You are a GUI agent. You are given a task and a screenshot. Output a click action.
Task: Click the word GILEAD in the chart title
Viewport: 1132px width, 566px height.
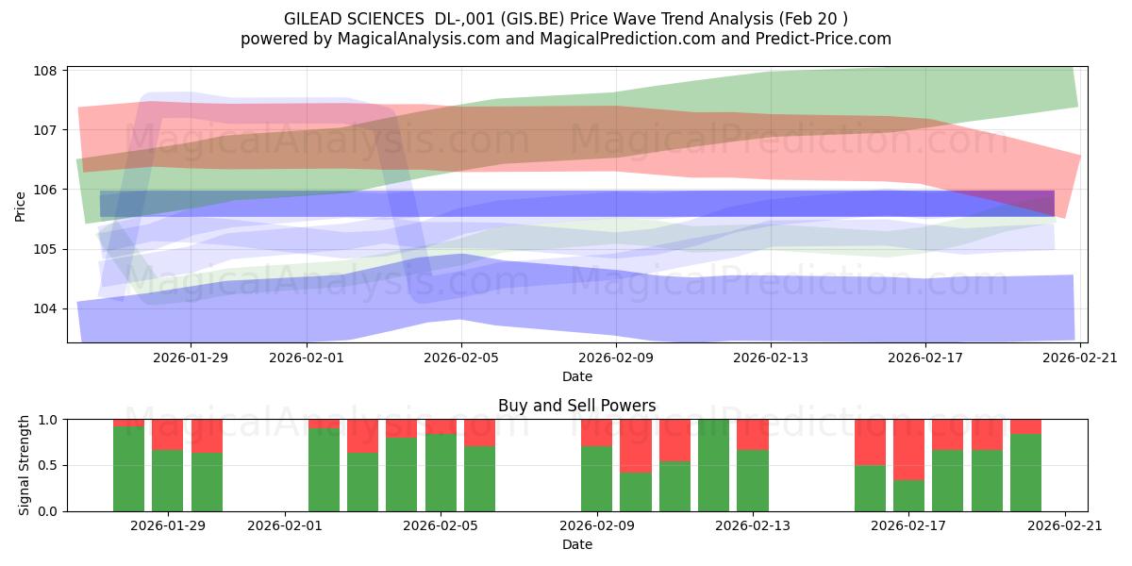pos(314,19)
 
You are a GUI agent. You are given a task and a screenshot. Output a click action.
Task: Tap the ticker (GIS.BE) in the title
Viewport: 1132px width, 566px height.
pos(532,19)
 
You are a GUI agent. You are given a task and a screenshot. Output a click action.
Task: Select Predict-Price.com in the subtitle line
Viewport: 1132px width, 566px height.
pos(824,39)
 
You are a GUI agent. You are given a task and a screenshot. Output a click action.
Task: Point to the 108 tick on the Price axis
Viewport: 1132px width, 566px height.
pos(44,71)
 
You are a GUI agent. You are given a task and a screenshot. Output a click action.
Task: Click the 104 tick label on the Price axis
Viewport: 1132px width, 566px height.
pos(44,308)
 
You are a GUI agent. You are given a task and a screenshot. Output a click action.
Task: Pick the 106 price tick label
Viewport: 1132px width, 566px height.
pos(44,190)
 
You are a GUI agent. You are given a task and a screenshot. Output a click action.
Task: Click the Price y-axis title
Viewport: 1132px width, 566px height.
pos(20,207)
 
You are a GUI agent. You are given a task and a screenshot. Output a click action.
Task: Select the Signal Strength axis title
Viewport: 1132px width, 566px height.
pos(24,465)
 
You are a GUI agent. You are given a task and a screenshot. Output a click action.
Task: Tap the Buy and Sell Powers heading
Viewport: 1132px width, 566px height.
pos(577,406)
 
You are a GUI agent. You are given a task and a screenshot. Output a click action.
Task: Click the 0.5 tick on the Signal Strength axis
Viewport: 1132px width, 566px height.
pos(47,465)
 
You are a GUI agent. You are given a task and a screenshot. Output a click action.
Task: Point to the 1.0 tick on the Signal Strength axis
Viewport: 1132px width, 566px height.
pos(47,420)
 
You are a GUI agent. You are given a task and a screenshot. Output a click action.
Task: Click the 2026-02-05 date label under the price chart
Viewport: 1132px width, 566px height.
pos(461,358)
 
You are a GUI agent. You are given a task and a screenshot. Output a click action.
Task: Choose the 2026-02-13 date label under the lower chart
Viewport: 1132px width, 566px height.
pos(753,525)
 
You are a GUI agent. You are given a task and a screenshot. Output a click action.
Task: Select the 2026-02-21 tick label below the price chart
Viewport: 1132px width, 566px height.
pos(1080,358)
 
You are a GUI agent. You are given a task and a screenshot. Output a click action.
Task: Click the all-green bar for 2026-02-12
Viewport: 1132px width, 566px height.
pos(713,465)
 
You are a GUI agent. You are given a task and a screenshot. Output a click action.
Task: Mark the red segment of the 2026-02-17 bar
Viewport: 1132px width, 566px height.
pos(908,450)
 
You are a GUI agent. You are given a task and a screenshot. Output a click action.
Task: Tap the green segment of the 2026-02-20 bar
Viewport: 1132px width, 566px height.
pos(1026,473)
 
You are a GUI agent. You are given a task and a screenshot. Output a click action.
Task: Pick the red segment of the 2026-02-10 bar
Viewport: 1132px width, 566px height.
pos(636,445)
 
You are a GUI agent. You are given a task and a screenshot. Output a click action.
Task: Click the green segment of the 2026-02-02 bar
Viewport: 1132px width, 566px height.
pos(324,470)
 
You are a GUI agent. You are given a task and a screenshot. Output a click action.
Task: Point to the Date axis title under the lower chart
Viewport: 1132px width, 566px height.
pos(577,545)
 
